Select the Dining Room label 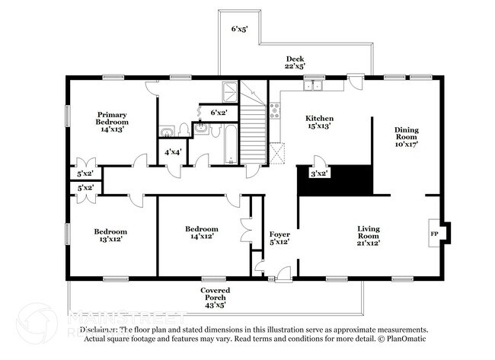pyautogui.click(x=406, y=136)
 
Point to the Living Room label pyautogui.click(x=369, y=235)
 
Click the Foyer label pyautogui.click(x=279, y=238)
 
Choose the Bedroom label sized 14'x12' pyautogui.click(x=201, y=233)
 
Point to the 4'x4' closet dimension pyautogui.click(x=173, y=152)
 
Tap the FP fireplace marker pyautogui.click(x=435, y=234)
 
